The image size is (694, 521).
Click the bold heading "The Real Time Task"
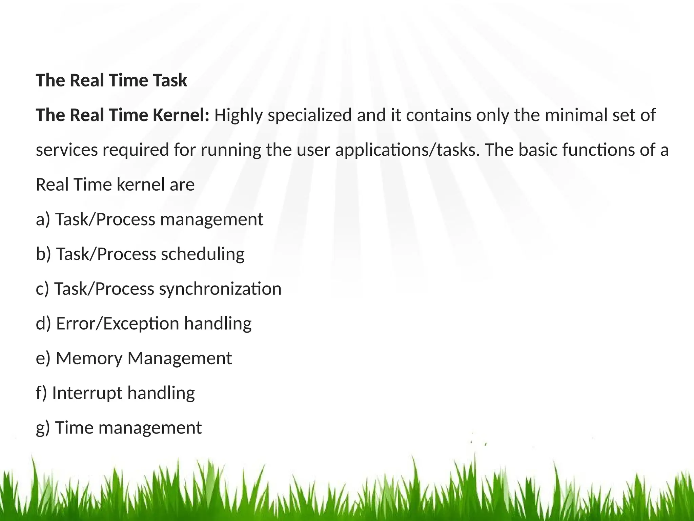click(x=111, y=80)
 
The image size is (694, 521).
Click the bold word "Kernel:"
click(x=181, y=115)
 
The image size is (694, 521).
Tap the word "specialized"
click(x=310, y=116)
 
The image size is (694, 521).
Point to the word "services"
click(x=67, y=150)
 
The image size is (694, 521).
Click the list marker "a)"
click(x=43, y=219)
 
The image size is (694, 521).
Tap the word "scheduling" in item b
click(x=202, y=254)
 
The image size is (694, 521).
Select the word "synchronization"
click(x=220, y=289)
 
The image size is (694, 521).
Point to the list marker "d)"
click(x=43, y=323)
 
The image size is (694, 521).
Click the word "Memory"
click(x=89, y=358)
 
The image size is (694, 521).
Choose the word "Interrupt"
click(x=87, y=393)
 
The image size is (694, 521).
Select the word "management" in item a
click(x=211, y=219)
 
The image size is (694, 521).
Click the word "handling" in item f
click(x=161, y=393)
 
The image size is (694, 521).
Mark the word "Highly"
click(x=239, y=116)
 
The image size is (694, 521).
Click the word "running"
click(x=230, y=150)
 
